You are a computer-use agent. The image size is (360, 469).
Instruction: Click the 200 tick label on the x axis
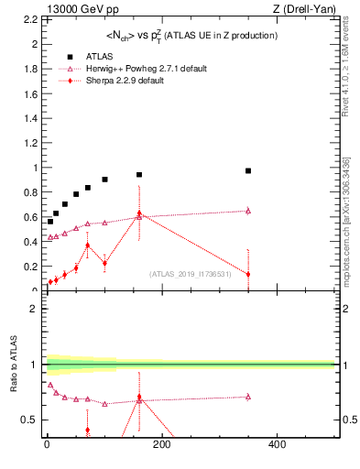[161, 444]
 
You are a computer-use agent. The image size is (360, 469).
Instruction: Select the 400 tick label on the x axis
[276, 444]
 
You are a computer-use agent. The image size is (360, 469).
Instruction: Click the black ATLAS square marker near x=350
[248, 170]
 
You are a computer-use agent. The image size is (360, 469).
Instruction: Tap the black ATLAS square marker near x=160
[139, 174]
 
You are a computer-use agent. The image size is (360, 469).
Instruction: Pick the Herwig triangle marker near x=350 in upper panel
[248, 211]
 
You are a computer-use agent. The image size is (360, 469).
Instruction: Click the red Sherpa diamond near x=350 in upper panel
[248, 274]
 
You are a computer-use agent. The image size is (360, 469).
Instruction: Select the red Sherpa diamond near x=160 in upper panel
[139, 213]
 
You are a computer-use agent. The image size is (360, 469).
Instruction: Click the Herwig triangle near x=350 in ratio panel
[248, 397]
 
